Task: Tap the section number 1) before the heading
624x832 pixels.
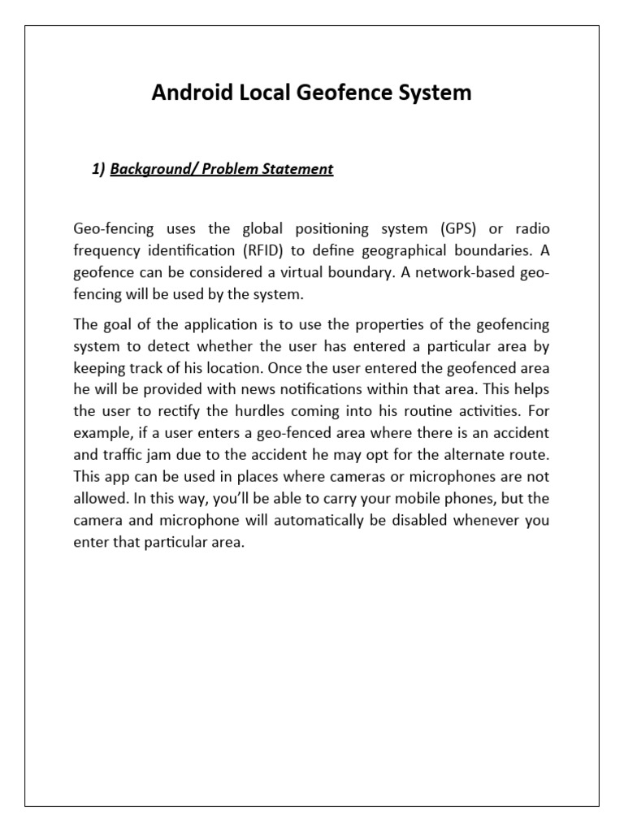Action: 98,169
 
